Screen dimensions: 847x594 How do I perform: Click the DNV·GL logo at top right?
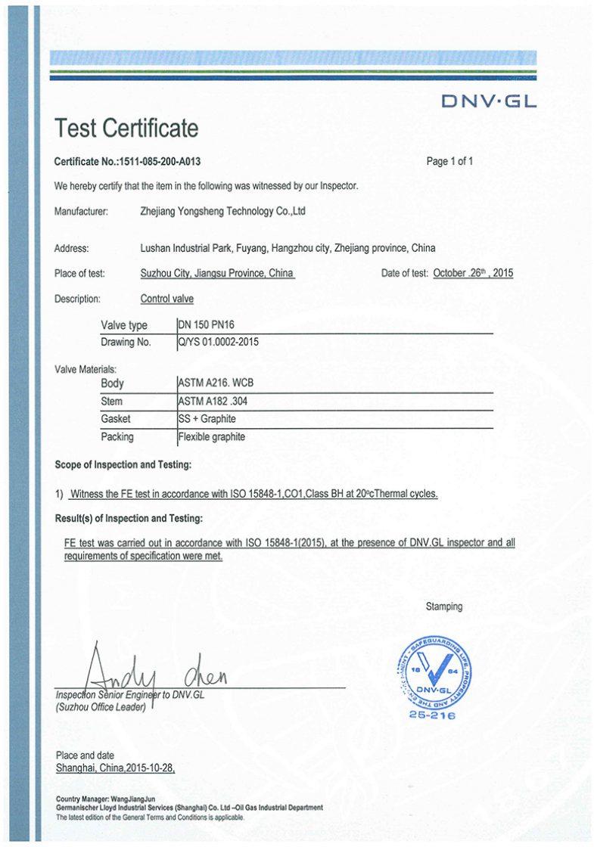488,101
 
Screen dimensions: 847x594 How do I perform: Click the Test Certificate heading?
126,129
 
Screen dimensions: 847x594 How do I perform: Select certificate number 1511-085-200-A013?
160,162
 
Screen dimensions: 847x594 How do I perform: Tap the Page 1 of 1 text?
449,161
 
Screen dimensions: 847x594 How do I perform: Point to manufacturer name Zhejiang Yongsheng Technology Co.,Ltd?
223,212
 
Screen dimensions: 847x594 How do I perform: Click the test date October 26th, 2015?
473,273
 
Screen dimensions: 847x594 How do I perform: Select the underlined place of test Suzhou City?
217,273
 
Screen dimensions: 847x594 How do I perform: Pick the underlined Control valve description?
166,299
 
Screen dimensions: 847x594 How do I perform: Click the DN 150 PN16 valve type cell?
201,325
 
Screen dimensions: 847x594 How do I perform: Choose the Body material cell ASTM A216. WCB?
215,383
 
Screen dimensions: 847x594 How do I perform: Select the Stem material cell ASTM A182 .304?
212,402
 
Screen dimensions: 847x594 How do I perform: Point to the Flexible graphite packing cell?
211,436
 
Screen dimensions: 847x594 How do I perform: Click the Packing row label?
117,436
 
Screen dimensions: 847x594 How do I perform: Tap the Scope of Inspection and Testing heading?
123,464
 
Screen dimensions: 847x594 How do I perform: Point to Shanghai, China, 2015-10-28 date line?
116,768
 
